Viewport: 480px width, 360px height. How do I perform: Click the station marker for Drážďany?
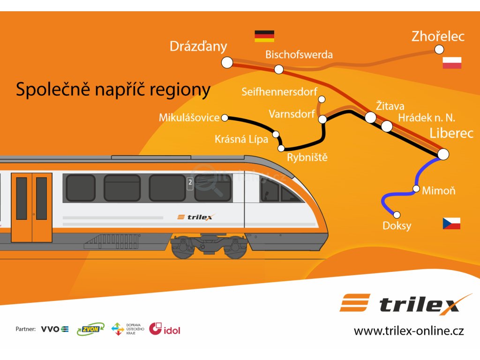[227, 62]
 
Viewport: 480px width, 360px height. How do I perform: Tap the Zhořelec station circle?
[439, 49]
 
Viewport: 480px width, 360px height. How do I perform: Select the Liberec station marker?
[443, 154]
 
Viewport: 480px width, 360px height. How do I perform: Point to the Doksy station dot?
[397, 215]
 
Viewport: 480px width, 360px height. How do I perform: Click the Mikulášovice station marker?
[225, 118]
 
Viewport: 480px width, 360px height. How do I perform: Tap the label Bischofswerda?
[299, 54]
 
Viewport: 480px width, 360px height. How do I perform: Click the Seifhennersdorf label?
[279, 92]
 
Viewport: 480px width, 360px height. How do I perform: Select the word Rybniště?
[307, 157]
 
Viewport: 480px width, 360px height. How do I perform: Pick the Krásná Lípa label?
[241, 139]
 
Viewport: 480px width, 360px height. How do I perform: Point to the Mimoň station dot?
[416, 189]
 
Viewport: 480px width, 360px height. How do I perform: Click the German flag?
[264, 36]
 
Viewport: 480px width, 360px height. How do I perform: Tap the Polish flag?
[452, 63]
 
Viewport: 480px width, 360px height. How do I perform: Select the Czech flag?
[451, 224]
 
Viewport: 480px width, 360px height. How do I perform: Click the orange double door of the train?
[31, 207]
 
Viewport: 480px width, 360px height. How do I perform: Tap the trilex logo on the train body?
[195, 217]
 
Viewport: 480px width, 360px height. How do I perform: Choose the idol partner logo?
[165, 329]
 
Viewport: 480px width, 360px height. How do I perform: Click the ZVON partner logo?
[90, 329]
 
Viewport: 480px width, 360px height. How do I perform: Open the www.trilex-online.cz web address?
[409, 331]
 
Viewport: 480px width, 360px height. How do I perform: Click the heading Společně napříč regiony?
[113, 89]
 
